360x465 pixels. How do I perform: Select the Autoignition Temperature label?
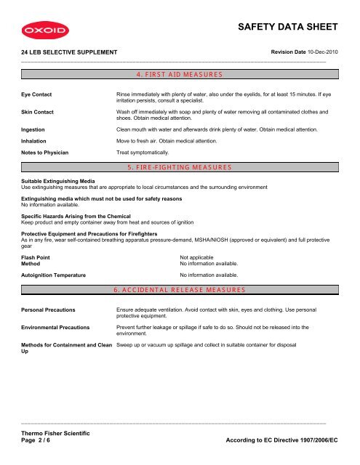[54, 275]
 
